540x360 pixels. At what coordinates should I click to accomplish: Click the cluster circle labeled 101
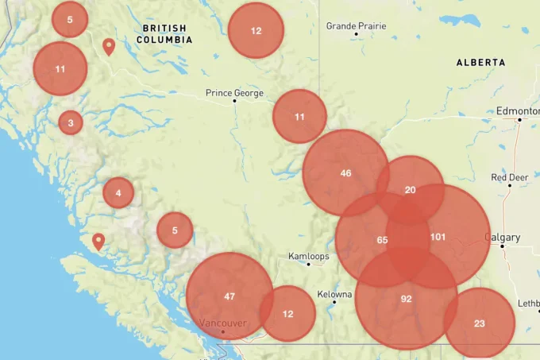point(439,237)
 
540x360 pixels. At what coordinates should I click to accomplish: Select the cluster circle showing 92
point(406,299)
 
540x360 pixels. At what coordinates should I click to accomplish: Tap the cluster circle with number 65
point(382,240)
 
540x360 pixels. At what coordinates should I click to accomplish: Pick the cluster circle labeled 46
point(345,173)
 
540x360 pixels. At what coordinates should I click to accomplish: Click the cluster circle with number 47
point(229,296)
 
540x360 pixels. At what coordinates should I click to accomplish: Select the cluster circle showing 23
point(479,323)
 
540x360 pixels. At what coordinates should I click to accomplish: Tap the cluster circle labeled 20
point(410,190)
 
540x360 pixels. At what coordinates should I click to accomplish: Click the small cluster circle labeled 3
point(71,122)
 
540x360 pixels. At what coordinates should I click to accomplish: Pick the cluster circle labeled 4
point(118,192)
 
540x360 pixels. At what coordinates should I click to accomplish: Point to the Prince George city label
point(234,93)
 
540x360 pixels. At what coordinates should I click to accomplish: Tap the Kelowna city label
point(334,295)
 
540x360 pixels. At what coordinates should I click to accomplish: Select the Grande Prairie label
point(357,26)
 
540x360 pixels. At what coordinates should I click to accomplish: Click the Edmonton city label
point(517,111)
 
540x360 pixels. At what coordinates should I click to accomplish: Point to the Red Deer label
point(509,177)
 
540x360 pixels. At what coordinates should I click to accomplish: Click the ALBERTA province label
point(480,62)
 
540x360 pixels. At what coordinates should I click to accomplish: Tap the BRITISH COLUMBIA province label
point(165,33)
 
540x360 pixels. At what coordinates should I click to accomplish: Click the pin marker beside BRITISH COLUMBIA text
point(109,46)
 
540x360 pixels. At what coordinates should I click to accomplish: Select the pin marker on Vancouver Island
point(98,241)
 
